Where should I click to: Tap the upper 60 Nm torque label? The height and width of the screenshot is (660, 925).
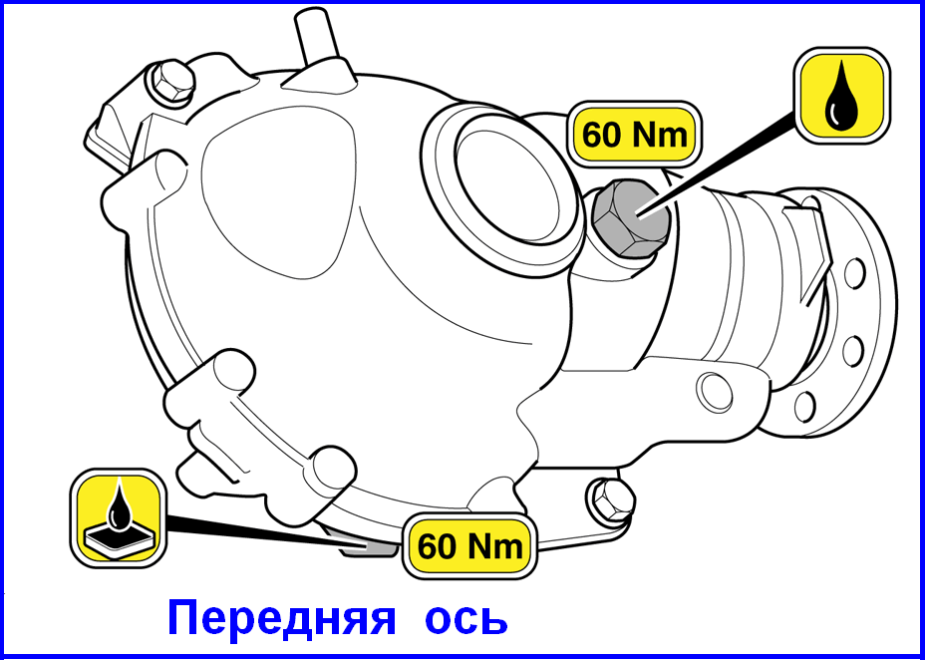(635, 136)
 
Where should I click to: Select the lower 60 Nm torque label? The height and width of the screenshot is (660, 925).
(469, 546)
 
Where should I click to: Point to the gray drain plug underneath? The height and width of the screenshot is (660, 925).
(366, 546)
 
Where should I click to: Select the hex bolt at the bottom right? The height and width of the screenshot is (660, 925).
(612, 498)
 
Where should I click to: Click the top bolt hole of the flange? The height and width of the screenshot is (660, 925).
(855, 272)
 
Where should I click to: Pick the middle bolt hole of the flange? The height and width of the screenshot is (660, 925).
(853, 351)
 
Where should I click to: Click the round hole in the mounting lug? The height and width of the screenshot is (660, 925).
(715, 393)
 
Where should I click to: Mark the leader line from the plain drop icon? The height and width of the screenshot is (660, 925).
(716, 166)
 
